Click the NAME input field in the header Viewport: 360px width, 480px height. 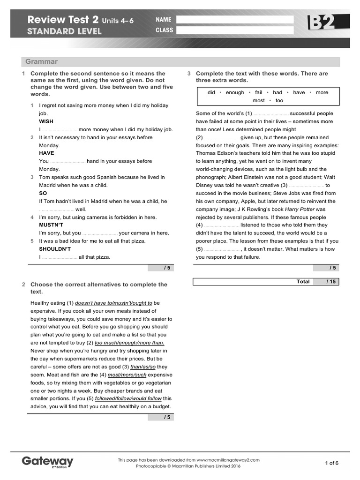pos(234,20)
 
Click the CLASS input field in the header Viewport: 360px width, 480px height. pos(234,30)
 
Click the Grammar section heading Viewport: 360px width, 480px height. pos(42,61)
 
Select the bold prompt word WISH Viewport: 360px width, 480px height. pos(46,121)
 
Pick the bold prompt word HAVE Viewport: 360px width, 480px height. pos(46,153)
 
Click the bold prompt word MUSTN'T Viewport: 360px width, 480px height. pos(51,225)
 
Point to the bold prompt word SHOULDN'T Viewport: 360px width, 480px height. pos(55,249)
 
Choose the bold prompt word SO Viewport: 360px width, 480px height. pos(43,193)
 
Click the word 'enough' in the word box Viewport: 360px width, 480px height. pos(235,92)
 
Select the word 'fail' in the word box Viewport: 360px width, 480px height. pos(259,92)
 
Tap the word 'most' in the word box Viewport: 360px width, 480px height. pos(259,100)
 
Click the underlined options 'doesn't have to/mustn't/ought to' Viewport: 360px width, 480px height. pos(113,303)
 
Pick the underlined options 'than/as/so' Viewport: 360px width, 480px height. pos(144,367)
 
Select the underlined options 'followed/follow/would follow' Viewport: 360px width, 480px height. pos(128,398)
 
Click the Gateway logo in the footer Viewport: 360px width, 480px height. pos(47,461)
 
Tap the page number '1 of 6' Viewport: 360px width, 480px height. pos(331,463)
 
